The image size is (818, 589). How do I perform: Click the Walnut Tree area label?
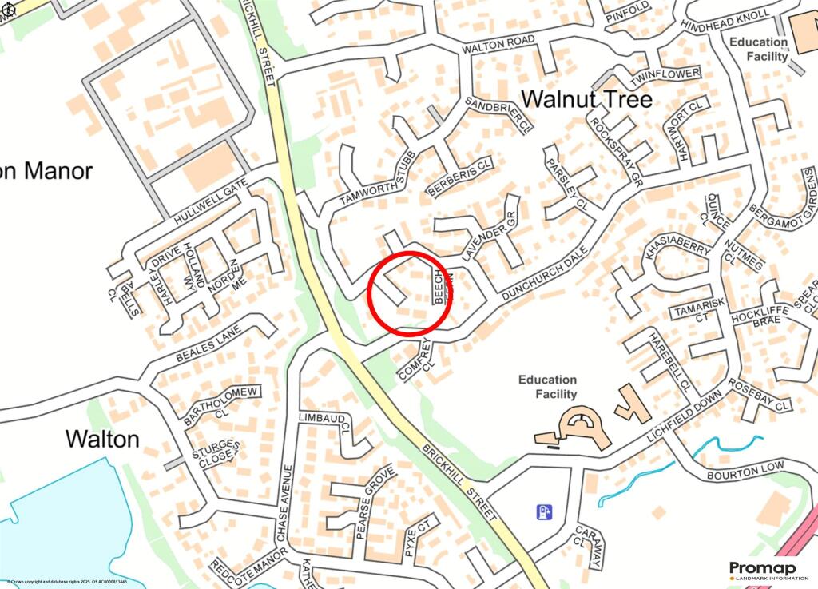tap(586, 99)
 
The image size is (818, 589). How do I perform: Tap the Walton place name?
tap(102, 439)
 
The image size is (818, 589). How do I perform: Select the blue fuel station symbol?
tap(544, 509)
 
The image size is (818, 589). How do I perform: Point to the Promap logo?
tap(768, 570)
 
